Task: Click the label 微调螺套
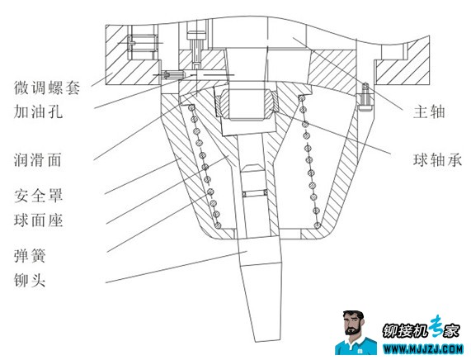pos(47,88)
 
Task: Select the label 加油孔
pos(39,111)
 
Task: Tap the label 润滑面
pos(38,159)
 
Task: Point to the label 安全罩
pos(39,196)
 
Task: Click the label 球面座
pos(39,220)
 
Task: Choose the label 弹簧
pos(30,256)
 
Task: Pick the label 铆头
pos(30,280)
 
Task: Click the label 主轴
pos(429,111)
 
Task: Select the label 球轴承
pos(437,159)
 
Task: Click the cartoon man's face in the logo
pos(353,325)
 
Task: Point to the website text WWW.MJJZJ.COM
pos(423,349)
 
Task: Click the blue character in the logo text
pos(436,325)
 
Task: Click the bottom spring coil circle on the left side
pos(219,225)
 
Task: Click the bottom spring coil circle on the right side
pos(318,225)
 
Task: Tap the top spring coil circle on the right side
pos(302,98)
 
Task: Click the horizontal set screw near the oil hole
pos(172,74)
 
